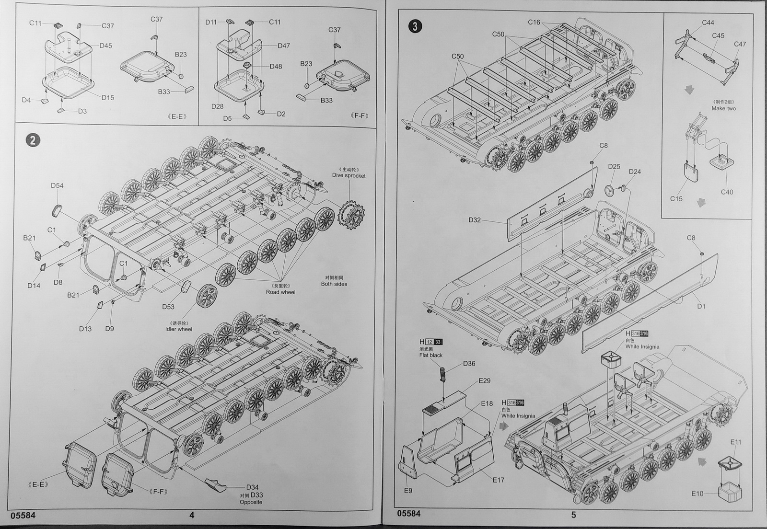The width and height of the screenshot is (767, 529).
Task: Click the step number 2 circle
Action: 32,140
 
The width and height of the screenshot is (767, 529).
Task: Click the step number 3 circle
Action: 414,26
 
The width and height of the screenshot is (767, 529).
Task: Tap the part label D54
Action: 57,185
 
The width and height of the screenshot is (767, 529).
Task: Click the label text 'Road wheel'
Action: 280,292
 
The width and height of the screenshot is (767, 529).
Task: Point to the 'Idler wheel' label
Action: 178,329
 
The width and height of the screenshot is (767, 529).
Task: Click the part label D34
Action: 252,487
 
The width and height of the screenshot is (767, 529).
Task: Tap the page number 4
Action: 192,515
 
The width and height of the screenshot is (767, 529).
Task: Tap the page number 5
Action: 573,515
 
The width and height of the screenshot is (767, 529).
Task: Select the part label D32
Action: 475,220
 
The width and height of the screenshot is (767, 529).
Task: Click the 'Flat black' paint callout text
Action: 430,355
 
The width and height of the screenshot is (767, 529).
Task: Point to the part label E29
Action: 485,380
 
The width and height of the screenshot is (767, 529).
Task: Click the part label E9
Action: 408,490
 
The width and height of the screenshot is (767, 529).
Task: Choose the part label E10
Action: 697,494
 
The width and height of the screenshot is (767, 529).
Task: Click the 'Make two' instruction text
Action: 723,108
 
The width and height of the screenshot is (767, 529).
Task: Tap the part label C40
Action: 727,192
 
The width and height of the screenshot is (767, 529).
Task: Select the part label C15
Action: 676,198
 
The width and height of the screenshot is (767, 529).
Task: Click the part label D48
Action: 276,66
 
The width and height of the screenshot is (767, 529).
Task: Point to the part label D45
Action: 106,46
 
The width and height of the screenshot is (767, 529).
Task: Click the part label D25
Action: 614,166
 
